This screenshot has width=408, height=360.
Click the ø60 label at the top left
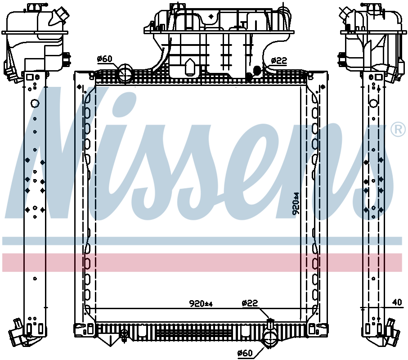pyautogui.click(x=105, y=59)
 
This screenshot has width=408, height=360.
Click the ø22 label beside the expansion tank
pyautogui.click(x=279, y=60)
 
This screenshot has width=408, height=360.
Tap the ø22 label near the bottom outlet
pyautogui.click(x=250, y=303)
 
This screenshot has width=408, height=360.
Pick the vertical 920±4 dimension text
pyautogui.click(x=296, y=204)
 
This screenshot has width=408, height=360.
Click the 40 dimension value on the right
pyautogui.click(x=396, y=302)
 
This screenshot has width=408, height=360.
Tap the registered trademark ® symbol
pyautogui.click(x=397, y=130)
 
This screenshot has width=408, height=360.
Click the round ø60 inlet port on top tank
pyautogui.click(x=126, y=73)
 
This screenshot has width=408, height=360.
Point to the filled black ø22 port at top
pyautogui.click(x=257, y=70)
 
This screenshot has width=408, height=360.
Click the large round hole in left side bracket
pyautogui.click(x=35, y=104)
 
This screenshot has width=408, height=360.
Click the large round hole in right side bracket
pyautogui.click(x=373, y=103)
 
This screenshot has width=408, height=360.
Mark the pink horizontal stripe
pyautogui.click(x=202, y=262)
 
